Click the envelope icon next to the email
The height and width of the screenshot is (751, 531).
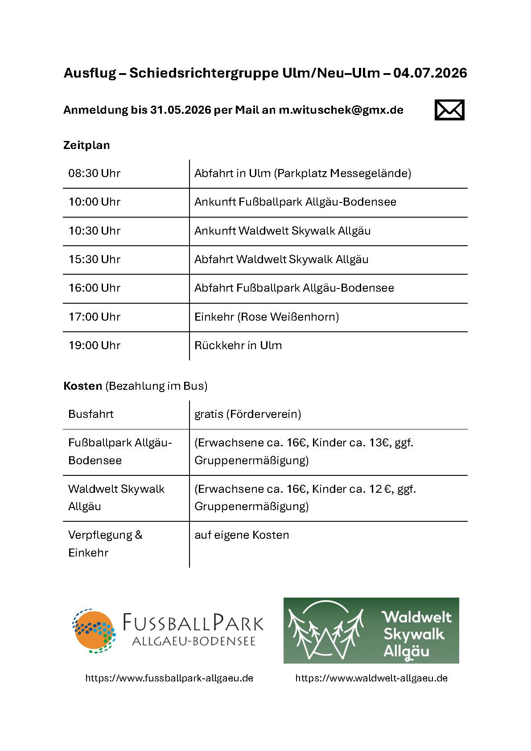tap(449, 110)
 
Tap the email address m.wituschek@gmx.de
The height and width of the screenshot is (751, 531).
tap(341, 110)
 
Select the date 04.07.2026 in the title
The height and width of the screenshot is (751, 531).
tap(430, 73)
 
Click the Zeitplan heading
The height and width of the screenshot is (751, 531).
tap(86, 145)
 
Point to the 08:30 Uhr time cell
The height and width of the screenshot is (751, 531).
tap(95, 173)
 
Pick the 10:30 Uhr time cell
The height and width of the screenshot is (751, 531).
tap(95, 231)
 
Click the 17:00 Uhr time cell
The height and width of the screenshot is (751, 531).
tap(95, 317)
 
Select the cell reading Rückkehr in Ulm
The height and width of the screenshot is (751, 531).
tap(238, 346)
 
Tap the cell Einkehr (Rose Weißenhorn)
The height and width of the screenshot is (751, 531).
tap(267, 317)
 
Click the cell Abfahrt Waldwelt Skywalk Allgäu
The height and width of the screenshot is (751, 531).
tap(281, 260)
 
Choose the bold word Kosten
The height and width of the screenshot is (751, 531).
tap(83, 386)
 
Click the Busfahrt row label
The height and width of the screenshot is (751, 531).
tap(91, 414)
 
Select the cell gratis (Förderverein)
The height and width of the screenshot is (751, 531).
tap(247, 414)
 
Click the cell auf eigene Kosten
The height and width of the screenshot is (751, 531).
tap(242, 535)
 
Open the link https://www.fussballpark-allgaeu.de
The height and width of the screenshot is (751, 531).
tap(169, 678)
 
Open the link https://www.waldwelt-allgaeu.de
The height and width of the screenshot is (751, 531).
tap(371, 678)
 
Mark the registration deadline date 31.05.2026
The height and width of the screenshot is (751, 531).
tap(181, 110)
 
